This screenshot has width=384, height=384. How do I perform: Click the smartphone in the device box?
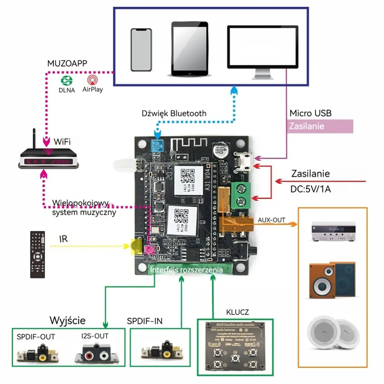pos(141,50)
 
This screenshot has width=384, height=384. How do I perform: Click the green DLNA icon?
pos(67,81)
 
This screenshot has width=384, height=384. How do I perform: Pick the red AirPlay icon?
pos(92,80)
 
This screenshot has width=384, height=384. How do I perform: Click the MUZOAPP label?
pos(67,63)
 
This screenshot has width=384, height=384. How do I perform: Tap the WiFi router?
pos(48,157)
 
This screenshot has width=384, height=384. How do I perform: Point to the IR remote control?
pos(37,254)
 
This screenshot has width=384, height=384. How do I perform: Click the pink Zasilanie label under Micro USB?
pos(320,126)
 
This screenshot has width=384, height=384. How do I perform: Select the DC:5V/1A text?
pos(310,189)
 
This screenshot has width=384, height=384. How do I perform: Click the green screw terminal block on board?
pos(240,196)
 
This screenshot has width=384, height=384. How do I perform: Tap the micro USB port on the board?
pos(244,161)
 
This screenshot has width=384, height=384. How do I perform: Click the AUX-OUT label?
pos(271,220)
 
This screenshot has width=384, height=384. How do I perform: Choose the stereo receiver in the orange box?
pos(333,231)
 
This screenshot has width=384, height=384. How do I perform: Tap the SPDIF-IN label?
pos(145,321)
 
